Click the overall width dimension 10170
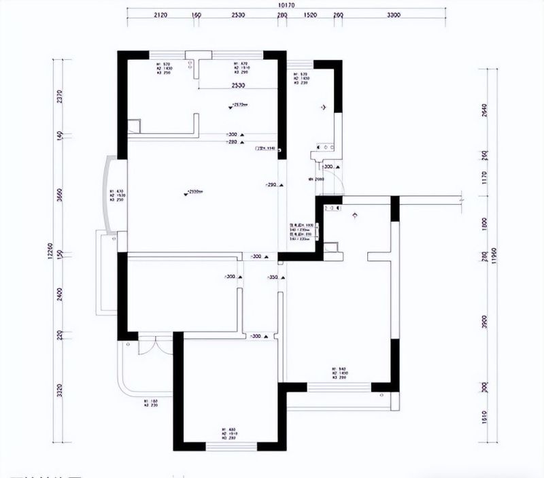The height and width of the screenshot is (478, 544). (286, 5)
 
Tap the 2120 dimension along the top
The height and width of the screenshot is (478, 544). (160, 14)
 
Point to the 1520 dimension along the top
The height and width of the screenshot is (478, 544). (310, 14)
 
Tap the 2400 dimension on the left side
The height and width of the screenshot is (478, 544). (60, 295)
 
